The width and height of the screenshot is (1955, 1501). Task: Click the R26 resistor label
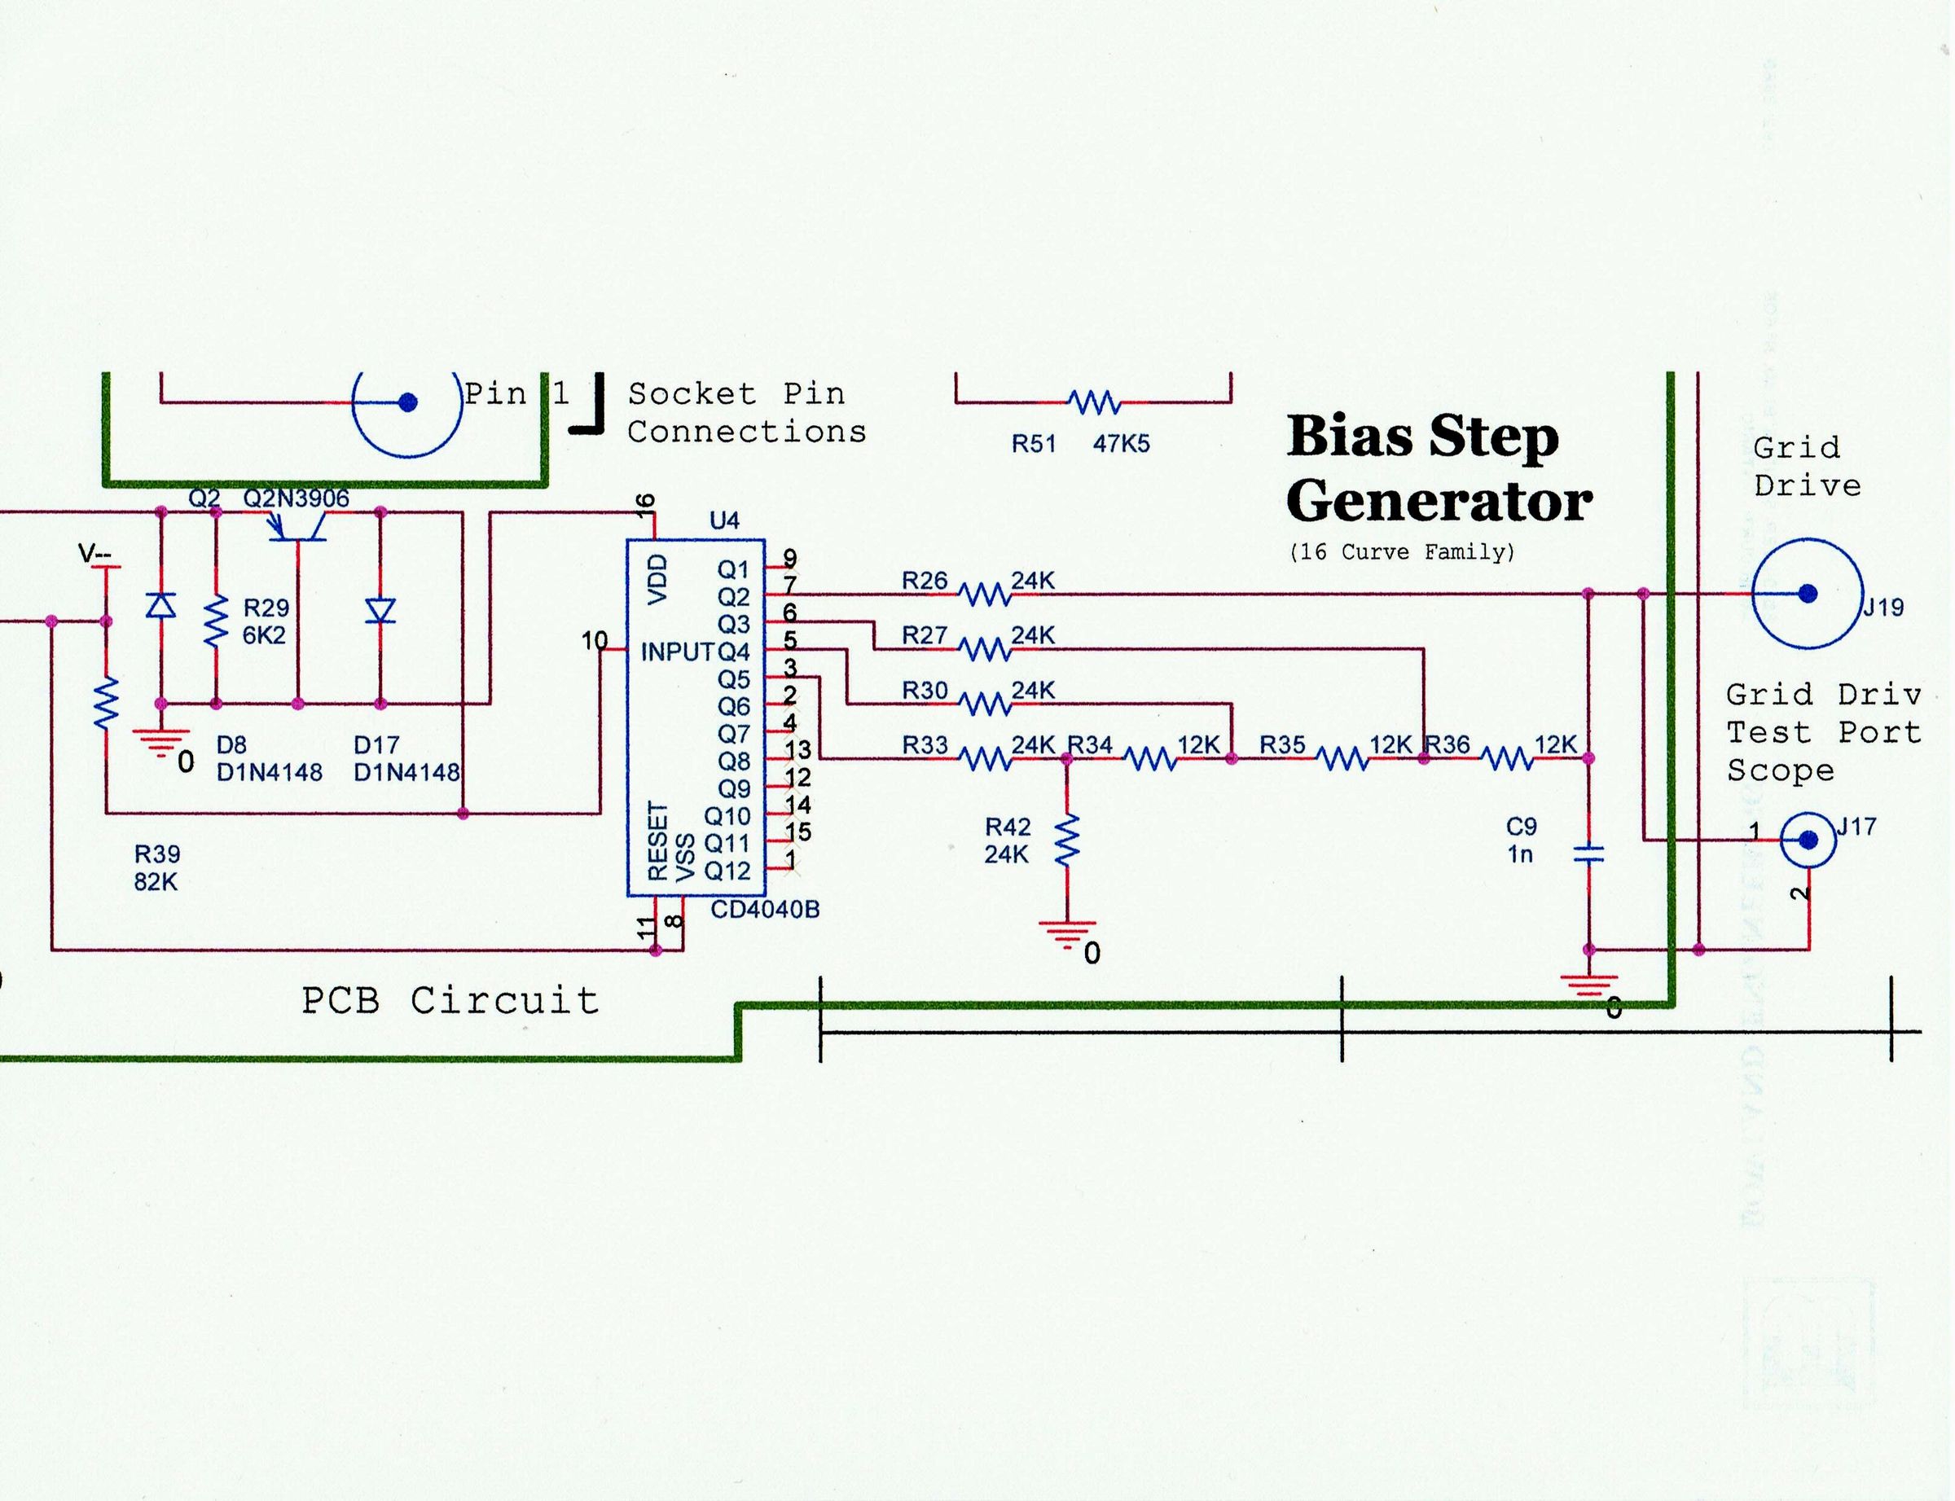click(x=924, y=582)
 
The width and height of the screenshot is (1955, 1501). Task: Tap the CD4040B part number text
click(x=765, y=910)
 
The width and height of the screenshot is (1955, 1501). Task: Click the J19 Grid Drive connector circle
click(x=1807, y=593)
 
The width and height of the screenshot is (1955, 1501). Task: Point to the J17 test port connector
click(x=1808, y=840)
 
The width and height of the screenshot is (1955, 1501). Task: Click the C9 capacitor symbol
click(x=1588, y=855)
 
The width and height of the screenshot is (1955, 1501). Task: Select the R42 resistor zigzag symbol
click(x=1067, y=840)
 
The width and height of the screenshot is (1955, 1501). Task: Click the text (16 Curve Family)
click(x=1402, y=552)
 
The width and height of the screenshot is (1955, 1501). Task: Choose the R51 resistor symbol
click(x=1095, y=403)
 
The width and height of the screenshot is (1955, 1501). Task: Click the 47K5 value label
click(x=1121, y=444)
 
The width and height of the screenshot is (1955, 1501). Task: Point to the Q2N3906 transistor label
click(x=296, y=498)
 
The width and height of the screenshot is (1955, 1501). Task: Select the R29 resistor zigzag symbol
click(x=216, y=623)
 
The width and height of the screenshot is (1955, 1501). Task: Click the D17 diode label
click(x=376, y=744)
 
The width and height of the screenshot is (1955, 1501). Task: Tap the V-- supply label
click(x=94, y=555)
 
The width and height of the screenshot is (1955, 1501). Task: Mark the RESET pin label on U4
click(x=657, y=839)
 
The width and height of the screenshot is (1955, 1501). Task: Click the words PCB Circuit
click(x=450, y=1001)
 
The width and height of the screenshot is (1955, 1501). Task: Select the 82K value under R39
click(x=156, y=882)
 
